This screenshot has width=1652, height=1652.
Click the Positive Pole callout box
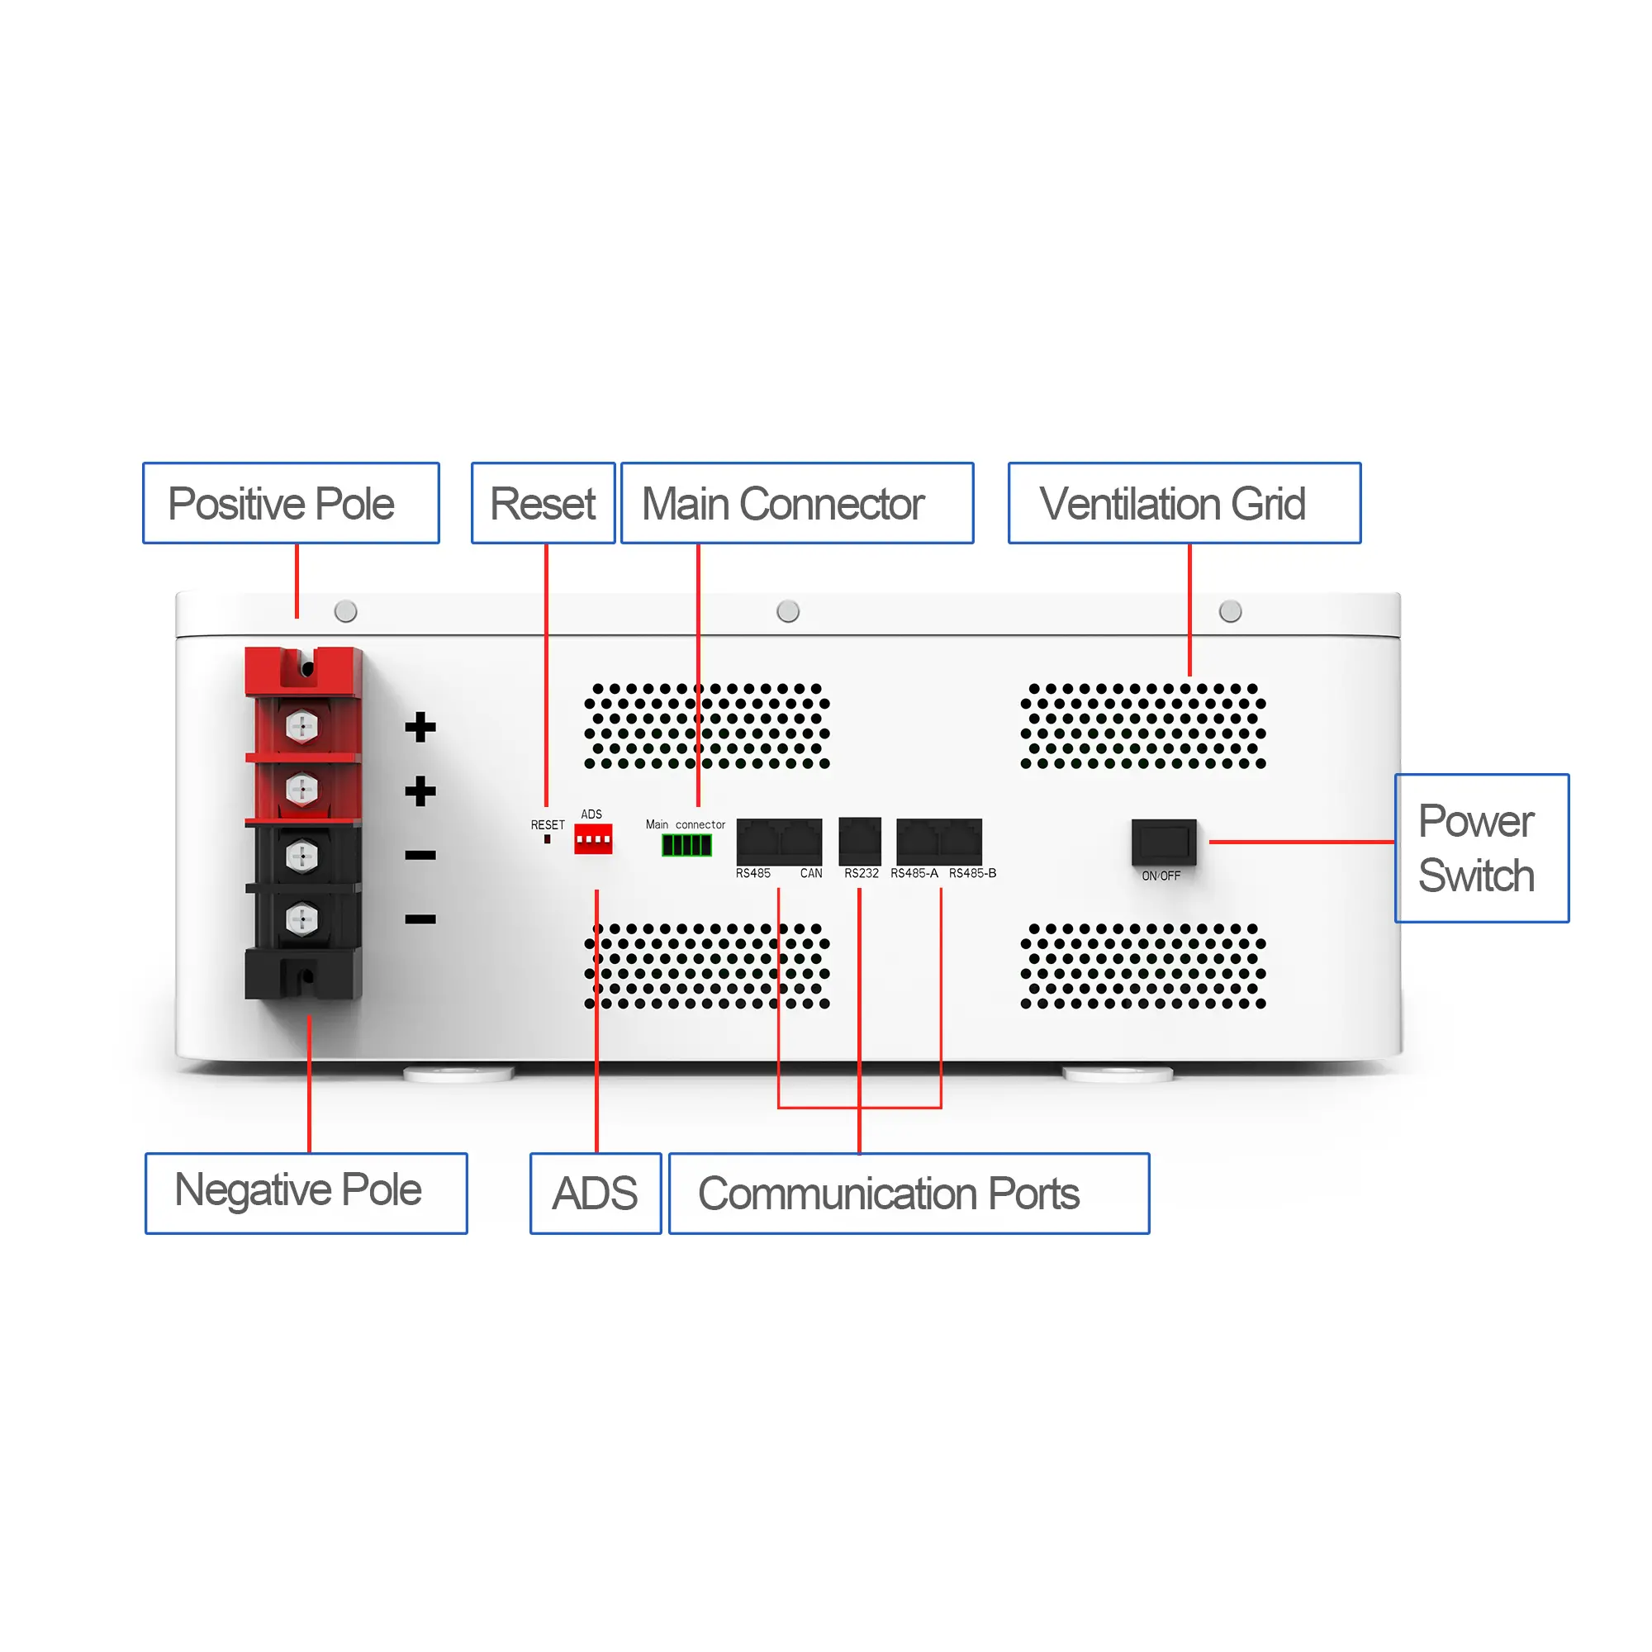tap(291, 503)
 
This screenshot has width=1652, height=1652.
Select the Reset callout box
tap(543, 503)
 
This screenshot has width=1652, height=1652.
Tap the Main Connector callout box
tap(797, 503)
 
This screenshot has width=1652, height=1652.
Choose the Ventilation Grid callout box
tap(1184, 503)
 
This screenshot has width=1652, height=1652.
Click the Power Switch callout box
tap(1482, 848)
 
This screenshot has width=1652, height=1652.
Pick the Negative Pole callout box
tap(306, 1193)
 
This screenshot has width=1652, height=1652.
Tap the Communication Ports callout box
tap(909, 1193)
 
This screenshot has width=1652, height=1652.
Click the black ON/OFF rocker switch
tap(1163, 843)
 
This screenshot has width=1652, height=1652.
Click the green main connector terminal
tap(686, 845)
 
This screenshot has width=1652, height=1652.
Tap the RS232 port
tap(859, 842)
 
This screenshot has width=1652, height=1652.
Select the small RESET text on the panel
tap(548, 825)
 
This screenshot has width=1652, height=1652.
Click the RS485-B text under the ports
tap(972, 873)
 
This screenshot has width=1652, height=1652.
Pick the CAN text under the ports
tap(810, 873)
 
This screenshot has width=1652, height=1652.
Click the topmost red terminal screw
tap(301, 726)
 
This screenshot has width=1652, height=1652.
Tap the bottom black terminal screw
tap(301, 919)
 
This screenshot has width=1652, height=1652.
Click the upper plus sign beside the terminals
tap(420, 727)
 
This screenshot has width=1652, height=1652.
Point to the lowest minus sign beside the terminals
tap(420, 919)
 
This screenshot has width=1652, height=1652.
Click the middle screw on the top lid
tap(787, 611)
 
